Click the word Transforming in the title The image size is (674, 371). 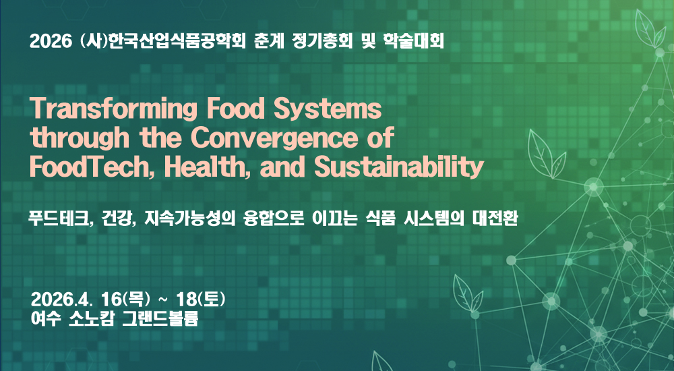[x=113, y=109]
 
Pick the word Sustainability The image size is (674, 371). [x=399, y=167]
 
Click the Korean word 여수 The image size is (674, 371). [x=44, y=318]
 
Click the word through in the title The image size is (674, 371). [x=80, y=138]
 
